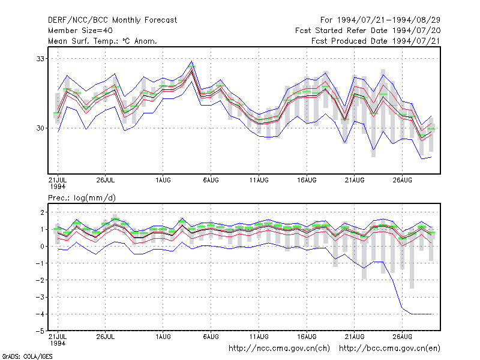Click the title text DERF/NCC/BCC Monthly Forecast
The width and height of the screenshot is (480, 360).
pos(112,20)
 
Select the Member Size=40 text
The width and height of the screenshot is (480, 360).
pos(80,31)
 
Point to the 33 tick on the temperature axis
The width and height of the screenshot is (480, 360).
pos(40,59)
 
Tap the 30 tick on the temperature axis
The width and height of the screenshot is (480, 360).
pos(40,128)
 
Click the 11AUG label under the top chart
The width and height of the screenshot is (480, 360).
pos(259,181)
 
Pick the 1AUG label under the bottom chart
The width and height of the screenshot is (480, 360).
pos(163,337)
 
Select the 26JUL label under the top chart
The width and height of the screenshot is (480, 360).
pos(106,181)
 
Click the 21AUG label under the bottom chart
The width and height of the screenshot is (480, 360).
pos(355,337)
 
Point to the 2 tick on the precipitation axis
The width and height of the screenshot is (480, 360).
pos(42,212)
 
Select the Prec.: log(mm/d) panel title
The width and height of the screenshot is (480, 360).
pos(82,198)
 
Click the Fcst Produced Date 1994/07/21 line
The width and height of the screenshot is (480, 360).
pos(376,41)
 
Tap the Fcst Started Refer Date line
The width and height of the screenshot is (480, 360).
pos(368,31)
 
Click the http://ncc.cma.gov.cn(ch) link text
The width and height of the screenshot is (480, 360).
pos(279,349)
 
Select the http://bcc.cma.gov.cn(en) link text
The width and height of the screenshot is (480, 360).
pos(389,349)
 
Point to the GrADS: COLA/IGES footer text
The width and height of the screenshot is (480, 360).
pos(27,356)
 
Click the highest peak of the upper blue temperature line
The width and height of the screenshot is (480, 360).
pos(191,61)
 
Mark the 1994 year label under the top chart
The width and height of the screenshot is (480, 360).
pos(58,187)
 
